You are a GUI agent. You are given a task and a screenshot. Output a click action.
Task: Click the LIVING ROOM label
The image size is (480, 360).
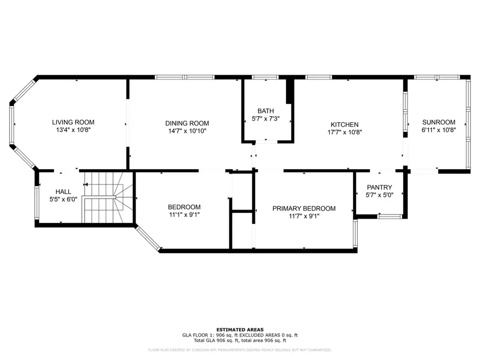tap(73, 122)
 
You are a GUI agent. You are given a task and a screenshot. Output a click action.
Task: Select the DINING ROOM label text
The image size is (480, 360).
tap(187, 123)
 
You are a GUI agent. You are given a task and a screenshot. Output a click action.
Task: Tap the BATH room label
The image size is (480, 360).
tap(266, 111)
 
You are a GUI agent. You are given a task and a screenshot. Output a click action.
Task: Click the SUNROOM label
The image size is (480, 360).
tap(438, 122)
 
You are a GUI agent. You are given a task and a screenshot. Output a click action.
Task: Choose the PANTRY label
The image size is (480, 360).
tap(380, 187)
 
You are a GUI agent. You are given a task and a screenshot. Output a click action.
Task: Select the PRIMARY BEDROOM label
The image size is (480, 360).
tap(304, 209)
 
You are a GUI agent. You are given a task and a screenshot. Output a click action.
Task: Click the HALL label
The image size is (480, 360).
tap(63, 191)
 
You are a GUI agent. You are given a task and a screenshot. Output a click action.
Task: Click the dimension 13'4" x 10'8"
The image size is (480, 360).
tap(73, 130)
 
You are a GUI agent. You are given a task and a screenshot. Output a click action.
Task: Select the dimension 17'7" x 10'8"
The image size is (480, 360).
tap(345, 132)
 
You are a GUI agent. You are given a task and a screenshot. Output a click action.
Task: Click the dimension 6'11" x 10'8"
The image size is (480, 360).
tap(438, 130)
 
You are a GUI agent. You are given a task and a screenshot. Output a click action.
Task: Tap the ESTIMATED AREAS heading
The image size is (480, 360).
tap(239, 330)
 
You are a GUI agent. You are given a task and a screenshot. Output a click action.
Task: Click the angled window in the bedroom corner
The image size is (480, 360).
tap(148, 238)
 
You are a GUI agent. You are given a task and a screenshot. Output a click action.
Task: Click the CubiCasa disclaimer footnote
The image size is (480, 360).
tap(239, 350)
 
